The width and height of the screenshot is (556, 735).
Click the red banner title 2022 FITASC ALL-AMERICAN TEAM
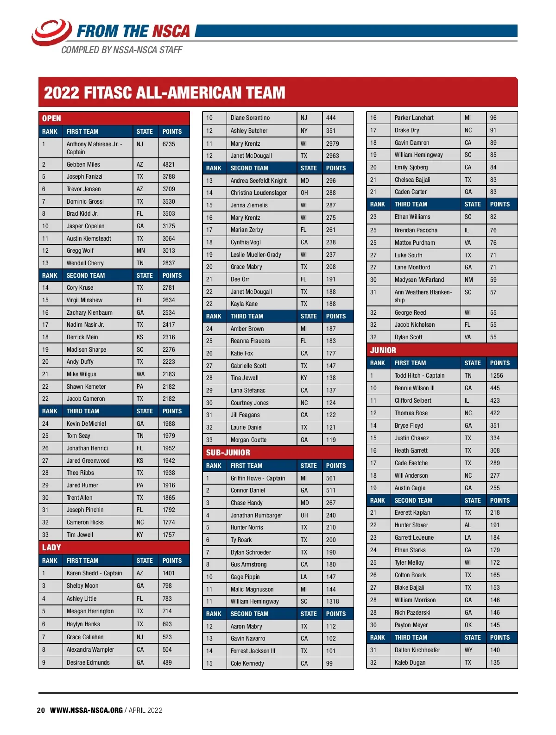tap(164, 93)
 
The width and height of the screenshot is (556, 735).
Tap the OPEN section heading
tap(51, 118)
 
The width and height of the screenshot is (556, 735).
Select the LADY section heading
tap(51, 548)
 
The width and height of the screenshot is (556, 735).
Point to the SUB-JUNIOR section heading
tap(228, 453)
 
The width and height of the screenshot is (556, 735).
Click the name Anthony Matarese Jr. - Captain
tap(94, 148)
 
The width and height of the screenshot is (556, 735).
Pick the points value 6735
tap(169, 144)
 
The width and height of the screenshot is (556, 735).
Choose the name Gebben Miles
tap(83, 164)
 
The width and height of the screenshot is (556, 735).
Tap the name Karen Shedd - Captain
tap(94, 573)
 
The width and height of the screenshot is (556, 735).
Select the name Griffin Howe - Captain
tap(258, 478)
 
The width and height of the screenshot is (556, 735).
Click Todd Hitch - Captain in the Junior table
tap(419, 375)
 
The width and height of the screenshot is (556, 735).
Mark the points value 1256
tap(496, 375)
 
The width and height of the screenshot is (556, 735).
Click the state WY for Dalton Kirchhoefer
tap(468, 650)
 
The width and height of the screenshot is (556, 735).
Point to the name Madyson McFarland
tap(419, 280)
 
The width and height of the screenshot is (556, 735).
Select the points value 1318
tap(332, 601)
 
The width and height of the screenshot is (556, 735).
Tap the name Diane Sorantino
tap(250, 118)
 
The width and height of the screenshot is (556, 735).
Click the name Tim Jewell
tap(80, 535)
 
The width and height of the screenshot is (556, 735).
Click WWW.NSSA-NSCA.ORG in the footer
tap(86, 710)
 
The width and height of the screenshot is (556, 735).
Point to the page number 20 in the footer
tap(41, 710)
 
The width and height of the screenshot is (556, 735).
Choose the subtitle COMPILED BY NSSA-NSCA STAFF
tap(121, 50)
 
